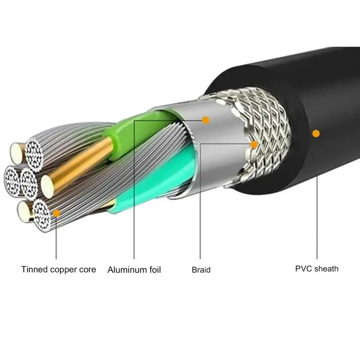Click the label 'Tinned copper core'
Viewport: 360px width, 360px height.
[59, 269]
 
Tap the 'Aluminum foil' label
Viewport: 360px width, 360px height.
[134, 270]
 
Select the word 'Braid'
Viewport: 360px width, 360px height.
[201, 270]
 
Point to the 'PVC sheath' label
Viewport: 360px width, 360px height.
[317, 268]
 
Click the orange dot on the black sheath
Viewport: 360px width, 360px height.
[316, 134]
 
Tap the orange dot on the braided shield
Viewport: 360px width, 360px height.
[254, 145]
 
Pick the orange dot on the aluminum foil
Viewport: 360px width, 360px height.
[206, 120]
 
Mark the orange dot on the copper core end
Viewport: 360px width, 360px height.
[56, 214]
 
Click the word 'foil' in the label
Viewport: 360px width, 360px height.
[153, 270]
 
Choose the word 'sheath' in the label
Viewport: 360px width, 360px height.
[326, 268]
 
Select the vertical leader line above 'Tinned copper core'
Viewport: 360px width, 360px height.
[56, 237]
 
